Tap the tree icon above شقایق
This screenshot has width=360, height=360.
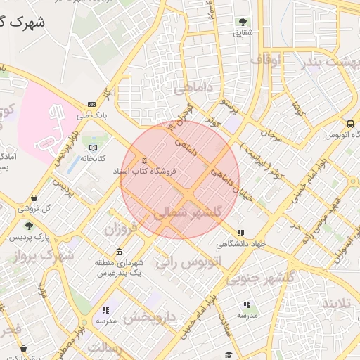243,22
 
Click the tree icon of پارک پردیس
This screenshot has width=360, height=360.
28,226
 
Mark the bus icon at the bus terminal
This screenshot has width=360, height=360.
350,124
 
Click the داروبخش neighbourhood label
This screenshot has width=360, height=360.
149,318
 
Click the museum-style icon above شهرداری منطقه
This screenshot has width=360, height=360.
118,252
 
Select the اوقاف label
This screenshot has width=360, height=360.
266,60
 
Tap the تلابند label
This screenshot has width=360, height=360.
340,304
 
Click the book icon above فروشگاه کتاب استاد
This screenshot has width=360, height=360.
145,160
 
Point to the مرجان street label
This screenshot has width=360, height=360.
270,134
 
